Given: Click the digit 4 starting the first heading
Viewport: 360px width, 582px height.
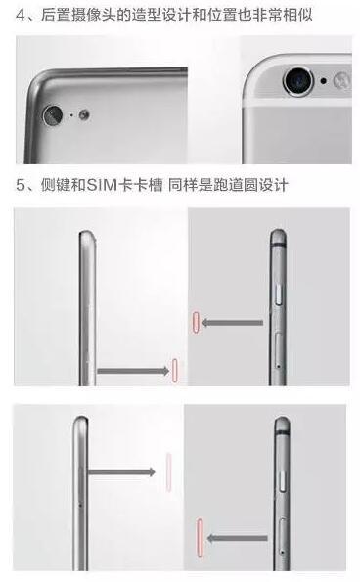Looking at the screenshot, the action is pos(22,15).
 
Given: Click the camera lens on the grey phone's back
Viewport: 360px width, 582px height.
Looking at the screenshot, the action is pos(53,115).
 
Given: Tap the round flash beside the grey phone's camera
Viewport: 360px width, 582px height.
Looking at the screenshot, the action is pos(84,115).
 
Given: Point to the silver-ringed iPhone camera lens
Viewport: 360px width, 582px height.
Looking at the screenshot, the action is pos(297,81).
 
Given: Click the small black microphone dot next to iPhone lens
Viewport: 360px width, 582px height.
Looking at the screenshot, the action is pos(324,80).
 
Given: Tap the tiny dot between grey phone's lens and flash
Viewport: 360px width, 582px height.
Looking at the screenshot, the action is pos(71,115).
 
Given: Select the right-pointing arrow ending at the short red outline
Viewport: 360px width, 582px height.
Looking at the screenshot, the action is pos(133,371).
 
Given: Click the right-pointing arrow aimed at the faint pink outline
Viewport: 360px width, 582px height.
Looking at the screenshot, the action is pos(121,472).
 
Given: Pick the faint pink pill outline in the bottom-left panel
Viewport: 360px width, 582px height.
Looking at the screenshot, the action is pos(169,472).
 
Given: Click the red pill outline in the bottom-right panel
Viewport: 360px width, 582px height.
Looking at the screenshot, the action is pos(200,537).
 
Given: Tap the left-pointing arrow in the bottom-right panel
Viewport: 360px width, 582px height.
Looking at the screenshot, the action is pos(237,538).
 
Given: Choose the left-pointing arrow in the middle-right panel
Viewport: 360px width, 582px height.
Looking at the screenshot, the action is pos(232,323).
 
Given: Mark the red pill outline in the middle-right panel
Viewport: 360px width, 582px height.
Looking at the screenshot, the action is pos(196,322).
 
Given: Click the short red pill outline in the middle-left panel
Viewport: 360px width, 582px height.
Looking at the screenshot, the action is pos(175,371).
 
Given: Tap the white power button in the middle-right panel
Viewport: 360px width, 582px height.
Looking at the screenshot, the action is pos(280,293).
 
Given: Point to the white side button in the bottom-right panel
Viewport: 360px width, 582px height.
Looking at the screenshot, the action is pos(283,481).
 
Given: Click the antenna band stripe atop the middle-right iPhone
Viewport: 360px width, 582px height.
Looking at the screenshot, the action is pos(278,245).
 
